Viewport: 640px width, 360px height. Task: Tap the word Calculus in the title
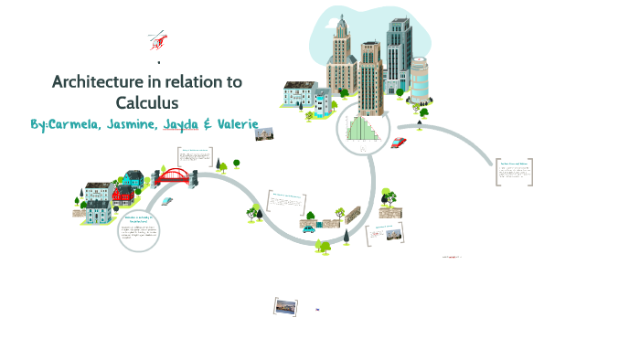pos(146,102)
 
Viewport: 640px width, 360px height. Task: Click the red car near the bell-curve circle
pos(398,143)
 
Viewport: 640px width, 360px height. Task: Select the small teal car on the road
pos(323,245)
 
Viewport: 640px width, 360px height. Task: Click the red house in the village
pos(123,195)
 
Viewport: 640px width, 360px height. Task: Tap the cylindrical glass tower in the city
pos(418,79)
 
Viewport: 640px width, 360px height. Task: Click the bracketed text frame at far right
pos(515,172)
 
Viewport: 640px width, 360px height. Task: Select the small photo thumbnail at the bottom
pos(286,307)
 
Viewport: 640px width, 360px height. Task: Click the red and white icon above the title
pos(158,40)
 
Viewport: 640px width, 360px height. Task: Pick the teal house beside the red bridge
pos(134,179)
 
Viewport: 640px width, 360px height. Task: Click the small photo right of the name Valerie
pos(265,134)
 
